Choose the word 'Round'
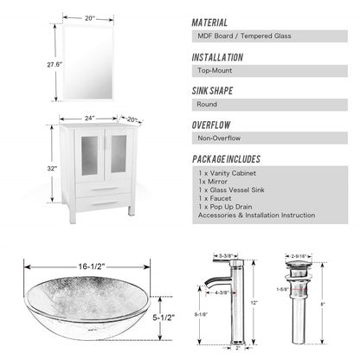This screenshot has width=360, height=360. point(208,105)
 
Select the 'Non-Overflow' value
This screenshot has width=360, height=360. point(219,138)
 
